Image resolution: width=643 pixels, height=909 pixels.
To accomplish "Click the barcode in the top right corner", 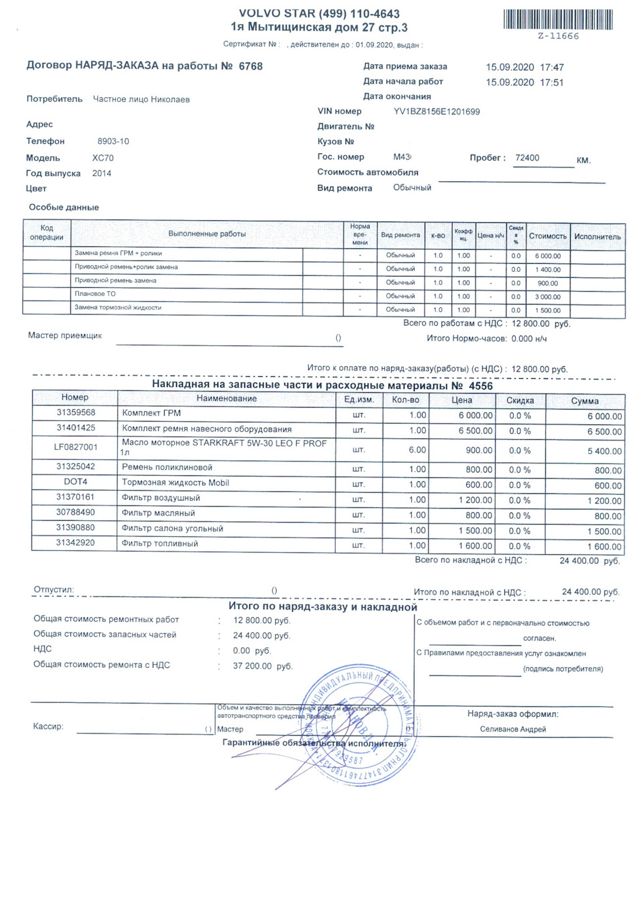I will pos(558,19).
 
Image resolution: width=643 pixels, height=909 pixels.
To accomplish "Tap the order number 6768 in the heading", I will pos(251,66).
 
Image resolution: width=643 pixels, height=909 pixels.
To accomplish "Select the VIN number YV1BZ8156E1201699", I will pos(437,112).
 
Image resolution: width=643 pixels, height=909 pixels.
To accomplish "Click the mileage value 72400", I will pos(527,158).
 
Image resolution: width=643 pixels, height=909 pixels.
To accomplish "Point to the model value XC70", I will pos(103,158).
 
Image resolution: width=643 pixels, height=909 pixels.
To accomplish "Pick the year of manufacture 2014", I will pos(102,173).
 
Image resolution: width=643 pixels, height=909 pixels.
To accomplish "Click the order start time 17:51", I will pos(552,82).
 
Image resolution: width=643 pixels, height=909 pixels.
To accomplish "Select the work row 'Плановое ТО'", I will pos(95,294).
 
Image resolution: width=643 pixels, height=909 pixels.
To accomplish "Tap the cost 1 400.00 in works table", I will pos(548,270).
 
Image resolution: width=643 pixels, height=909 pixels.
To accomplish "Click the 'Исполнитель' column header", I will pos(597,236).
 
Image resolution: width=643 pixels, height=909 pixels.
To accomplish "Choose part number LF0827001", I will pos(76,447).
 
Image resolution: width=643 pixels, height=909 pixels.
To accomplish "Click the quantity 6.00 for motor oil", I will pos(417,450).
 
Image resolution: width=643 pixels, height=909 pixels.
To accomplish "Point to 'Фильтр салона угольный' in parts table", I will pos(172,529).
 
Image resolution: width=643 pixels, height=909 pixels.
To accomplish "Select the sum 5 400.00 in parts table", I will pos(604,451).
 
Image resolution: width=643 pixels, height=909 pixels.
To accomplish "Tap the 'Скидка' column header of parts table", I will pos(520,400).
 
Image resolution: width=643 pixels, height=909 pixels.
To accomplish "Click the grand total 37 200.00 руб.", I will pos(263,666).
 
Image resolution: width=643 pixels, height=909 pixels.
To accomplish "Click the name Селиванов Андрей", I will pos(512,729).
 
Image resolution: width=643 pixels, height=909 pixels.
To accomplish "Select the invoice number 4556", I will pos(480,386).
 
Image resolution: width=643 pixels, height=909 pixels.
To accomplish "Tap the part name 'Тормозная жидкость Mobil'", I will pos(175,483).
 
